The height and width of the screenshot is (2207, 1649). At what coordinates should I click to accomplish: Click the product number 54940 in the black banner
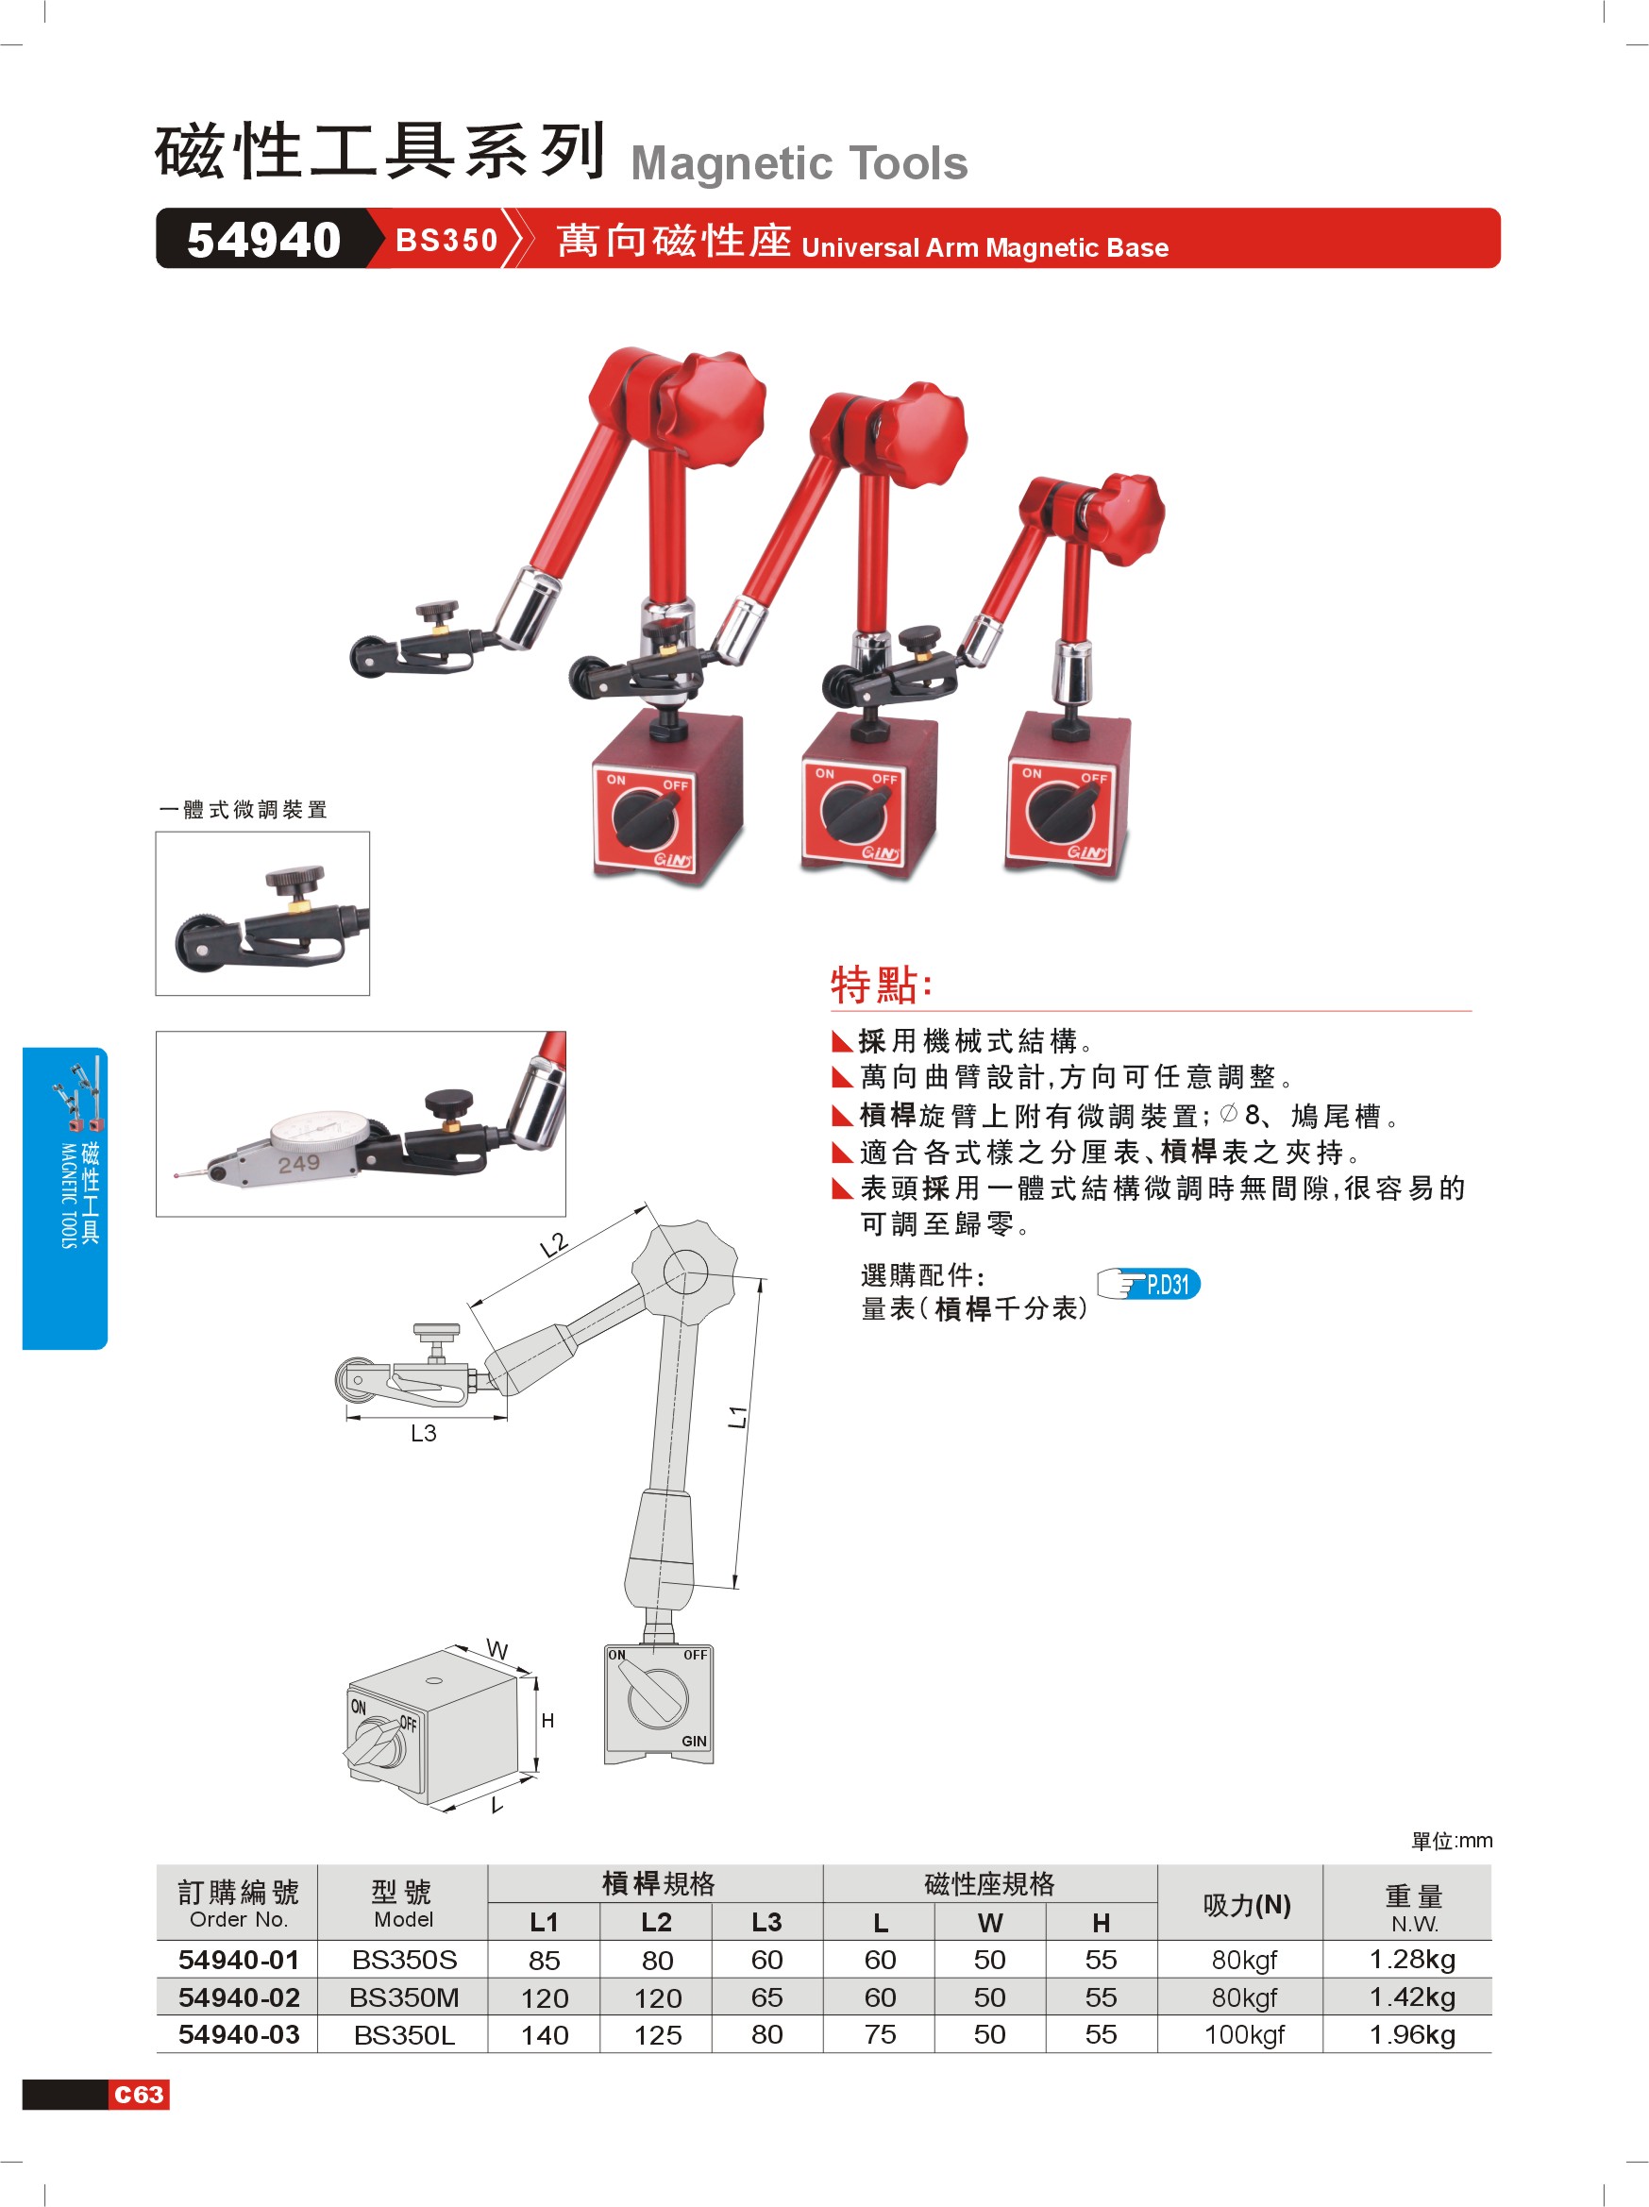click(x=263, y=241)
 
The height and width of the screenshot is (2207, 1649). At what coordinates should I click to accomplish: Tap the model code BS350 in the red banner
click(x=446, y=241)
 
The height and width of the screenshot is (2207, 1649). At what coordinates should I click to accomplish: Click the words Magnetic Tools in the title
click(x=799, y=163)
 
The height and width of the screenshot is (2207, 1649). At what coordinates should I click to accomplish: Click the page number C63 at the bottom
click(x=139, y=2095)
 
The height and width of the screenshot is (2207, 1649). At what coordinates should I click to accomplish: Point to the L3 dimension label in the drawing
click(x=423, y=1434)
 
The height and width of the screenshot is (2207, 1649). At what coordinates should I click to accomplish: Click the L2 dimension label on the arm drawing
click(x=554, y=1245)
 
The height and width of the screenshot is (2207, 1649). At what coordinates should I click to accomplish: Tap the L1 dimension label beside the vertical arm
click(x=737, y=1416)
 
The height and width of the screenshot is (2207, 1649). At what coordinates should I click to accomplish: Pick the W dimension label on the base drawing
click(x=496, y=1650)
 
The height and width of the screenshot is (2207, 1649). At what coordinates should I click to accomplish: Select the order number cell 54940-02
click(x=239, y=1997)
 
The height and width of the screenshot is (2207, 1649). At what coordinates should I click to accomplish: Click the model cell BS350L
click(x=404, y=2035)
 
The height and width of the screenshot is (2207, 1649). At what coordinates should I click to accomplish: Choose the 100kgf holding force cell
click(x=1244, y=2035)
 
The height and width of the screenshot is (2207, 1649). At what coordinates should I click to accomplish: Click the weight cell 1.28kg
click(x=1413, y=1960)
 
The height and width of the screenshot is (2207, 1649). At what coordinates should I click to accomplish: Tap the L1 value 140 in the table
click(x=545, y=2035)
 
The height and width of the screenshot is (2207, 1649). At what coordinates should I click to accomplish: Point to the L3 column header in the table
click(x=767, y=1922)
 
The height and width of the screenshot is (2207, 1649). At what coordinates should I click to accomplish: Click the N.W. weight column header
click(x=1414, y=1924)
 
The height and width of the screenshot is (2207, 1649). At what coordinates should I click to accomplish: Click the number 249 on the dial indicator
click(x=298, y=1163)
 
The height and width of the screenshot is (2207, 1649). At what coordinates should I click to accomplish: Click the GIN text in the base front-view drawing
click(x=695, y=1741)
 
